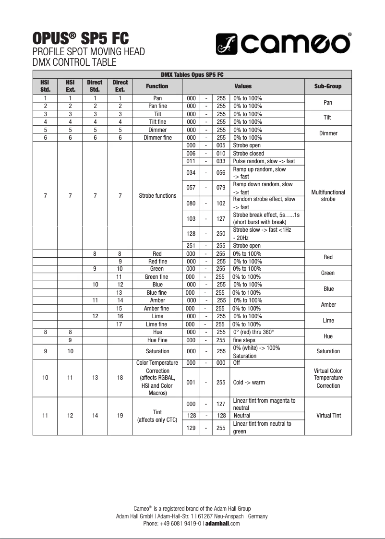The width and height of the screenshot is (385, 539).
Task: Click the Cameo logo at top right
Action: pos(282,44)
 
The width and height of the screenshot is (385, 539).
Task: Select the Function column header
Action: pos(157,86)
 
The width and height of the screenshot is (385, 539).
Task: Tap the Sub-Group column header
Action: pos(328,86)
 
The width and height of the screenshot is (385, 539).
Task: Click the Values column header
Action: pos(243,86)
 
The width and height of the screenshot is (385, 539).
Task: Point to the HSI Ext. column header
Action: pos(70,86)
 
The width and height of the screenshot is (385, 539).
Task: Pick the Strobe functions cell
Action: pos(157,196)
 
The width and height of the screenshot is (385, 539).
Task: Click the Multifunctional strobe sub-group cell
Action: pos(328,196)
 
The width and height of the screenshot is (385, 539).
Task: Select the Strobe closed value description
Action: pos(248,154)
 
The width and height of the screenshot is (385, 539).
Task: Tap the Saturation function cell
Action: pos(157,351)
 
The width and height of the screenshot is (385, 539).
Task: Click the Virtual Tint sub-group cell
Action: pos(328,416)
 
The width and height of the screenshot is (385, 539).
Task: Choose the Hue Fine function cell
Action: pos(157,340)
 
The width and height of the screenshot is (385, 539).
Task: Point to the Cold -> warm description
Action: pos(249,383)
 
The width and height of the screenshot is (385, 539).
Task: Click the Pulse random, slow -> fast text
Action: pos(264,161)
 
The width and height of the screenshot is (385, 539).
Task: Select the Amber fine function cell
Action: pos(157,309)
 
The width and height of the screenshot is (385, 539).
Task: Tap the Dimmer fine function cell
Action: pos(157,138)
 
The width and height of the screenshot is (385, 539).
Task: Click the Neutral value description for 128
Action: pos(242,416)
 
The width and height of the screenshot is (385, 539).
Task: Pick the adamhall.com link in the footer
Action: pos(222,524)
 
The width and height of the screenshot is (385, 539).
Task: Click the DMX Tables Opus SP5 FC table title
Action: pos(192,75)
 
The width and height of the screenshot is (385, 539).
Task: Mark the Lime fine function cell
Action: pos(157,324)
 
